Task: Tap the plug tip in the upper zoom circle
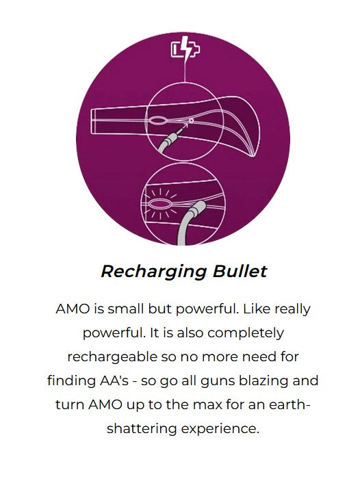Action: click(179, 131)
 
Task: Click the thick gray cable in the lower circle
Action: click(188, 223)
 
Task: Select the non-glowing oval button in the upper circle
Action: click(158, 120)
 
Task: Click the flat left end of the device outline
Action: click(93, 122)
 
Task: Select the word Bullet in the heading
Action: click(240, 271)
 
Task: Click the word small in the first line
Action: click(125, 309)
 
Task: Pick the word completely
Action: click(246, 333)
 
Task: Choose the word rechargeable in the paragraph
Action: click(112, 357)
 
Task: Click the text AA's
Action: click(114, 381)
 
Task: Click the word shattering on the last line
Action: click(142, 429)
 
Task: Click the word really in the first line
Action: click(292, 309)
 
